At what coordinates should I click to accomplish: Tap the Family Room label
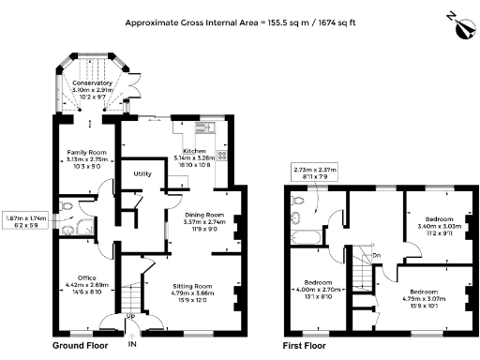point(85,152)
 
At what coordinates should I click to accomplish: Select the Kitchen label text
point(194,151)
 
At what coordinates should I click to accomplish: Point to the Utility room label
point(142,174)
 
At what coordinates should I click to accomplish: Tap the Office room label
point(87,277)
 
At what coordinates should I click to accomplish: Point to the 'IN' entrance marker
point(132,346)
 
